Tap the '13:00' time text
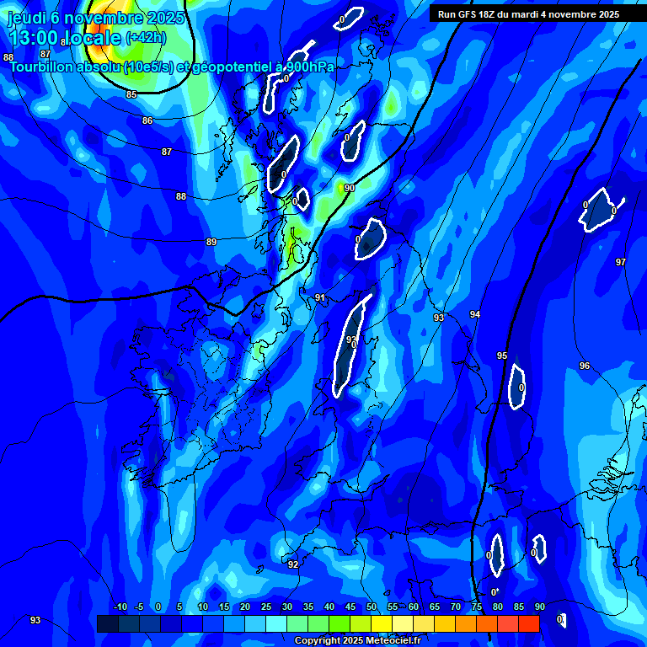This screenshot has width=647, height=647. coord(33,38)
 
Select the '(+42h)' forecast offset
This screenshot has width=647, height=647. coord(146,38)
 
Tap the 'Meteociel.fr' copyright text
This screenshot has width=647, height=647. coord(393,641)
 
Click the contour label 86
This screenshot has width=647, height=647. coord(147,121)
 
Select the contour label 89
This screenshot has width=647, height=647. coord(211,243)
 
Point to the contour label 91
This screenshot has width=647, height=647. coord(320,298)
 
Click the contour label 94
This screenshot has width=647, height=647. coord(475,314)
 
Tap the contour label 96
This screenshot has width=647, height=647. coord(585,366)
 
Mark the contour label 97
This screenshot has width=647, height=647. coord(621,262)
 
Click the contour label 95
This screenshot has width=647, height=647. coord(502,356)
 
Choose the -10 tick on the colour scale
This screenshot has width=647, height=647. coord(120,607)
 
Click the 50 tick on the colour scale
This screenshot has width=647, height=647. coord(372,607)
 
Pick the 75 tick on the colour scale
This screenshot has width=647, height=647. coord(477,607)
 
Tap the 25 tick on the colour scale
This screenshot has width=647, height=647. coord(266,607)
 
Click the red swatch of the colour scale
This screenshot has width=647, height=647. coord(529,623)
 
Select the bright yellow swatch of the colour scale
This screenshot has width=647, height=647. coord(382,623)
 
